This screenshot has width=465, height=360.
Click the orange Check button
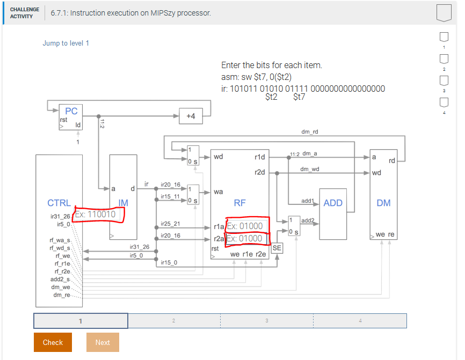point(53,342)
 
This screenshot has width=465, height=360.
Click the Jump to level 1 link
point(66,43)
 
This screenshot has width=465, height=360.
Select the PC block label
point(71,111)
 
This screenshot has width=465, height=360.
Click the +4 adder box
point(191,116)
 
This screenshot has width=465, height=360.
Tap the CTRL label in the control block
point(59,203)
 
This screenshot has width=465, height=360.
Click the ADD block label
point(333,203)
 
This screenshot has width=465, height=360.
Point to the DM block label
point(383,203)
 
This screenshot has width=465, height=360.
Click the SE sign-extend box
point(277,248)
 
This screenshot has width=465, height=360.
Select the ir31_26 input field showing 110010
point(99,215)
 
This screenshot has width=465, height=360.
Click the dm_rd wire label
point(309,131)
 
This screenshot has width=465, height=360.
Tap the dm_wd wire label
point(309,169)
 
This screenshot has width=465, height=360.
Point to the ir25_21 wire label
point(170,223)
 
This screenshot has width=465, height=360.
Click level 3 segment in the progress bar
point(267,321)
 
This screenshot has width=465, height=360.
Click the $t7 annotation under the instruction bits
point(299,97)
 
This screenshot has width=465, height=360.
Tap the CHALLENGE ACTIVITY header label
point(25,13)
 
